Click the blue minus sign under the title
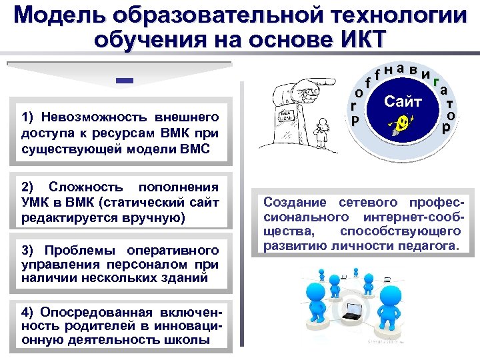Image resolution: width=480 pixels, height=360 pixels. click(x=125, y=81)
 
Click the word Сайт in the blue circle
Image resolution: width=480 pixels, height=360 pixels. click(x=403, y=101)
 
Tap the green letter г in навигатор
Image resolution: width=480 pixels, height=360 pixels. click(x=435, y=83)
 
